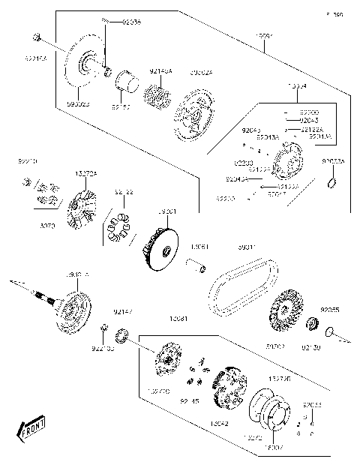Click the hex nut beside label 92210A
pos(36,37)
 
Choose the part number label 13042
pos(219,424)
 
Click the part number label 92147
pos(122,310)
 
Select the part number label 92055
pos(330,310)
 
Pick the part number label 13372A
pos(85,174)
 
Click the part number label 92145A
pos(160,71)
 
